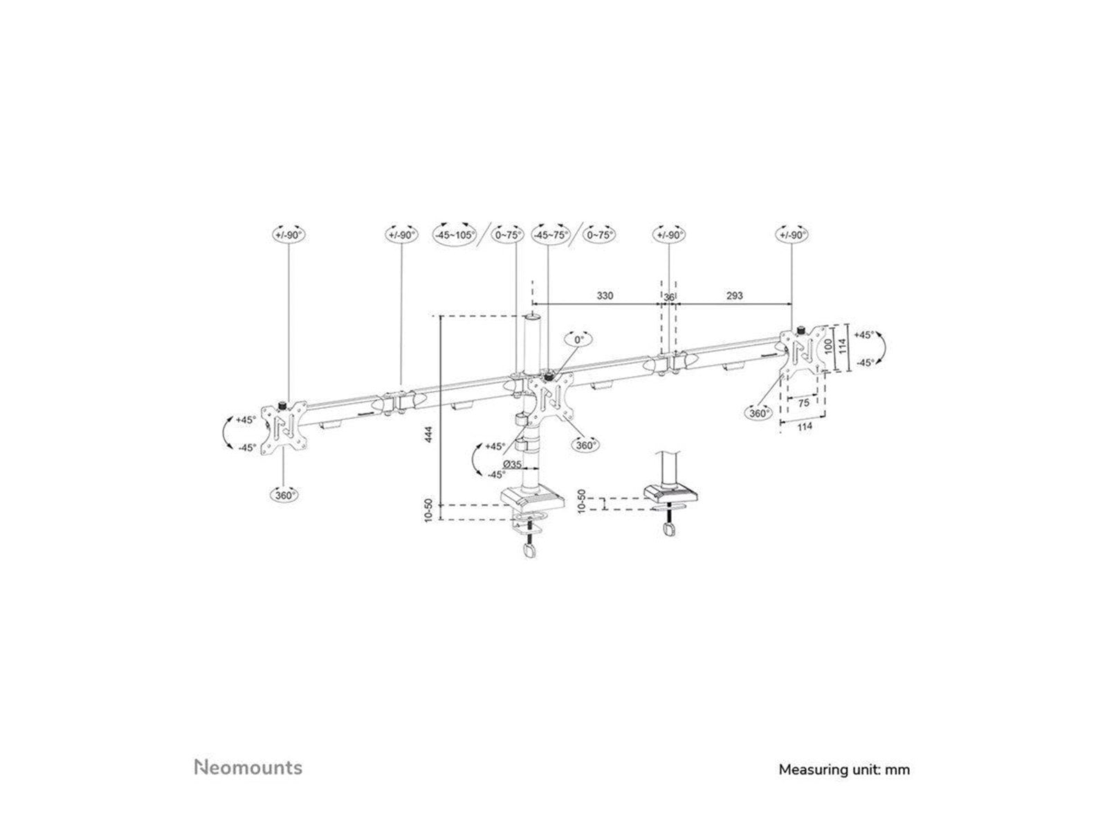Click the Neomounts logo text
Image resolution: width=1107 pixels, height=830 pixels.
(x=248, y=767)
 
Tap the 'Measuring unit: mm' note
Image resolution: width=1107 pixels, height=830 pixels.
(x=844, y=768)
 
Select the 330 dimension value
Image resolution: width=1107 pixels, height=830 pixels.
(x=605, y=295)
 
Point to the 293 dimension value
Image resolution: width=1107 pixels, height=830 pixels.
(x=735, y=295)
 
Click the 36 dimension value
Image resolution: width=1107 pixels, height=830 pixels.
(x=668, y=296)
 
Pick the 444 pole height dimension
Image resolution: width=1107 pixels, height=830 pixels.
(x=429, y=434)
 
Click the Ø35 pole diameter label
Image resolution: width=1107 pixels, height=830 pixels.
(x=512, y=463)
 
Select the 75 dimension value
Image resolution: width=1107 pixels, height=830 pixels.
(x=803, y=402)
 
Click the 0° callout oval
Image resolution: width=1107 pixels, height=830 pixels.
(x=579, y=340)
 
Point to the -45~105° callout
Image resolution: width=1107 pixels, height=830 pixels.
(x=454, y=234)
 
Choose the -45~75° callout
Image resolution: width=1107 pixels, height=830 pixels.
(x=551, y=234)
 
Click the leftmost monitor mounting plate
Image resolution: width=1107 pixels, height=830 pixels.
(x=284, y=427)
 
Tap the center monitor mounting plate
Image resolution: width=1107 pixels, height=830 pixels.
(x=551, y=398)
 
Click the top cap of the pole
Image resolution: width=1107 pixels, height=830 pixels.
(x=532, y=317)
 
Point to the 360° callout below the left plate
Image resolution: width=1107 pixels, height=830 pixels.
(x=284, y=495)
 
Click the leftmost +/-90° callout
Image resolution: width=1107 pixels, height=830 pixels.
(x=289, y=234)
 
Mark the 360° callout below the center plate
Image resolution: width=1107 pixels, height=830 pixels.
(x=585, y=445)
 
